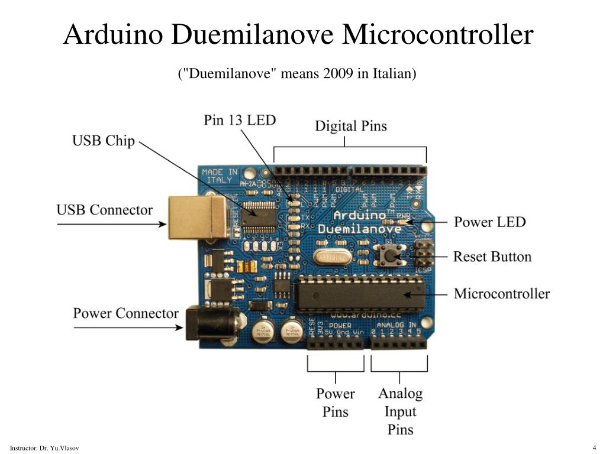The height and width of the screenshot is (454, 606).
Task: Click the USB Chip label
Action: point(104,141)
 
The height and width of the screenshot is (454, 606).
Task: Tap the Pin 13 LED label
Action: point(240,120)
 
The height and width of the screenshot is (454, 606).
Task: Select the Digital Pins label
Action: point(350,126)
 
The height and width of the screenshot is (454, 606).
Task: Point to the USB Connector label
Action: point(104,210)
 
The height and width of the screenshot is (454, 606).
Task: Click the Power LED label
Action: point(489,222)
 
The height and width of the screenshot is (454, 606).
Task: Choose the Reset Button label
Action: point(492,257)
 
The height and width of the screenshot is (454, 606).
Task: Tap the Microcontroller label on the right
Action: point(501,294)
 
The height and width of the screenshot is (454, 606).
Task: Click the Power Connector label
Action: point(125,313)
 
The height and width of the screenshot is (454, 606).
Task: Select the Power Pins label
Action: point(335,402)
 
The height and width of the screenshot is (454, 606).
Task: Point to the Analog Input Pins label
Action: point(401,411)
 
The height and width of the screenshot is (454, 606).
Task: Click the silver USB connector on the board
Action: point(198,218)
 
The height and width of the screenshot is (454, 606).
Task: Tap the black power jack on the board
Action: point(214,324)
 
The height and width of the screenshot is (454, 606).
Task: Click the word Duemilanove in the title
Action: point(254,34)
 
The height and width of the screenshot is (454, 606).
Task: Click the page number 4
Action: point(593,446)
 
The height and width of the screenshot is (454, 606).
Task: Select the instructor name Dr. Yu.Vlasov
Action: point(59,448)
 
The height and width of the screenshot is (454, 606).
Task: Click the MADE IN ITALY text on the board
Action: point(220,176)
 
